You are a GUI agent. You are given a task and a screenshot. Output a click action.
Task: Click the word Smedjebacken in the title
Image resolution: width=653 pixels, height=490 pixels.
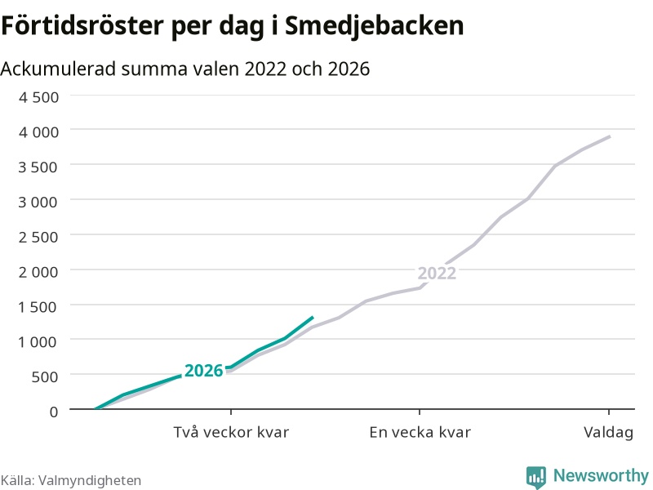[374, 26]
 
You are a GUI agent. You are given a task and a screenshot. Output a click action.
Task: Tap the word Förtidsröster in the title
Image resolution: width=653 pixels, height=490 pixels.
[82, 25]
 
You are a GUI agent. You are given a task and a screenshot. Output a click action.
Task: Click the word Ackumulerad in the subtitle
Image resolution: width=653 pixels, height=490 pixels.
[58, 69]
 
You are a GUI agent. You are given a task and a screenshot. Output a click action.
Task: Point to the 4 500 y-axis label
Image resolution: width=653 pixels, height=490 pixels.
[38, 97]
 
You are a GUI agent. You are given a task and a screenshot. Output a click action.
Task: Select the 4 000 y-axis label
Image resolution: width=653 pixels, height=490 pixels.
[38, 132]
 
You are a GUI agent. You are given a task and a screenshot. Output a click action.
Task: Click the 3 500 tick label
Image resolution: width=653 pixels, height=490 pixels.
[38, 167]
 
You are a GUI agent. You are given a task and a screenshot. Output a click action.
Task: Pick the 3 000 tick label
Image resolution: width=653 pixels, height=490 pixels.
[38, 202]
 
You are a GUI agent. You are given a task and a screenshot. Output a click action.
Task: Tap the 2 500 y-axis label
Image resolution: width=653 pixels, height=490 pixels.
[38, 237]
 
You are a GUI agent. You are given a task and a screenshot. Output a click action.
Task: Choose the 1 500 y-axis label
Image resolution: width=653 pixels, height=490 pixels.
[38, 307]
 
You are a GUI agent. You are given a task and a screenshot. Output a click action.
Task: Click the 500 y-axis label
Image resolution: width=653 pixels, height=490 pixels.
[45, 376]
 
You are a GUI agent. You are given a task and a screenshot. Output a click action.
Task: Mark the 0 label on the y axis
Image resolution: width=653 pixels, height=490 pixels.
[54, 412]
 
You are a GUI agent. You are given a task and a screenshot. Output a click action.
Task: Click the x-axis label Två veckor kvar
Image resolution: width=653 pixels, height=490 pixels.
[231, 432]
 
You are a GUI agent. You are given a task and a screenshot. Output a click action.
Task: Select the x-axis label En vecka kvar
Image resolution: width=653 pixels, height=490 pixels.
[420, 432]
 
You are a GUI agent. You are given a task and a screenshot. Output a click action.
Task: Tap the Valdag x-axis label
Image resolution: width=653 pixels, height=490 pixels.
[608, 433]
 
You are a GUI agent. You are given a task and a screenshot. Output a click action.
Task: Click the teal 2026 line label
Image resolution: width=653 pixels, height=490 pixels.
[204, 371]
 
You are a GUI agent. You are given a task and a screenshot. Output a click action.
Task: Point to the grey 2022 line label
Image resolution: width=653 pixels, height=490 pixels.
[437, 274]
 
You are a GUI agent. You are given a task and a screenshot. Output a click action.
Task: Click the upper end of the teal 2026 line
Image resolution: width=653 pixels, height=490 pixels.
[313, 318]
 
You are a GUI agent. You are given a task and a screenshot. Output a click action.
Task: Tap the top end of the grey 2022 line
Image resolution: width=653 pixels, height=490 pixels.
[610, 136]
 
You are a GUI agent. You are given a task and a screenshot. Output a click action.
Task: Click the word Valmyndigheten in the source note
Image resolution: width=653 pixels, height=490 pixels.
[90, 480]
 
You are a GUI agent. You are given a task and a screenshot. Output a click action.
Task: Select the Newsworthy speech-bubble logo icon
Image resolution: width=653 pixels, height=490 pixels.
[536, 476]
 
